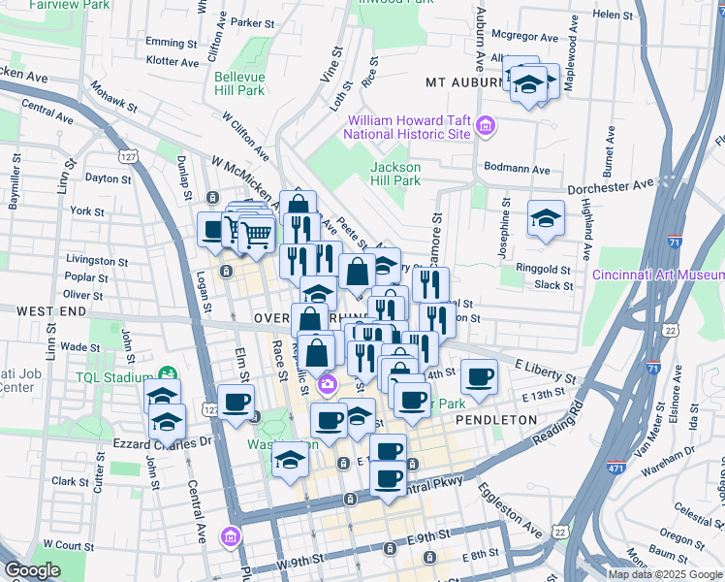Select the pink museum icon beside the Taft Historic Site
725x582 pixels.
tap(485, 126)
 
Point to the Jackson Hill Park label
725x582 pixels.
tap(395, 174)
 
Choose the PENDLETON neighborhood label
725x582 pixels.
tap(496, 420)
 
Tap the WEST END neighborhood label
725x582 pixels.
tap(40, 309)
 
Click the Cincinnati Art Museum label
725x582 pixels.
tap(659, 274)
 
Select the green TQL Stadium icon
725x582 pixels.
tap(168, 372)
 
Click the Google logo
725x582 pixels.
tap(33, 570)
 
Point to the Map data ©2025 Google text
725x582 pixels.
tap(664, 574)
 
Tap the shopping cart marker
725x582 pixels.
tap(256, 233)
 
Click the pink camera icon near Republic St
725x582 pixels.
tap(327, 384)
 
